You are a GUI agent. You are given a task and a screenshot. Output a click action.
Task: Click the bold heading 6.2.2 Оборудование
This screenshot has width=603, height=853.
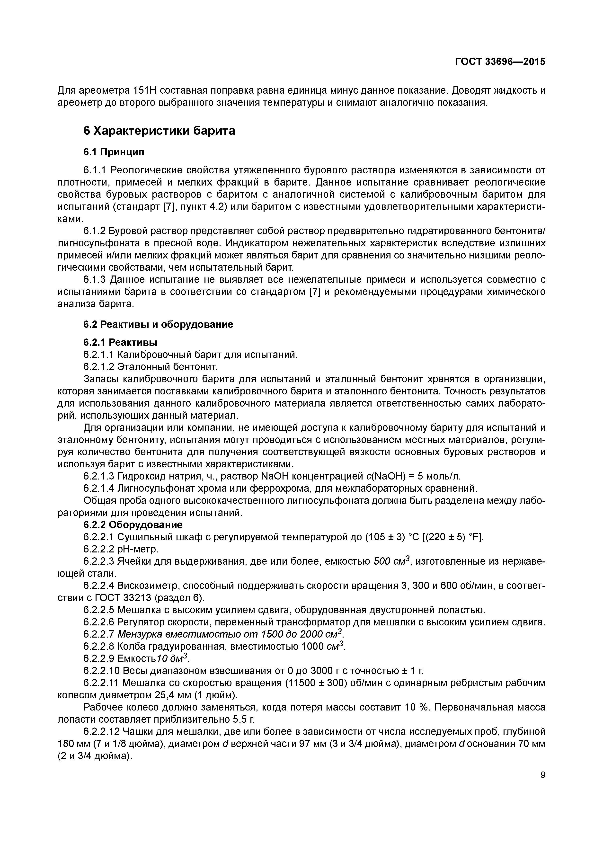133,525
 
